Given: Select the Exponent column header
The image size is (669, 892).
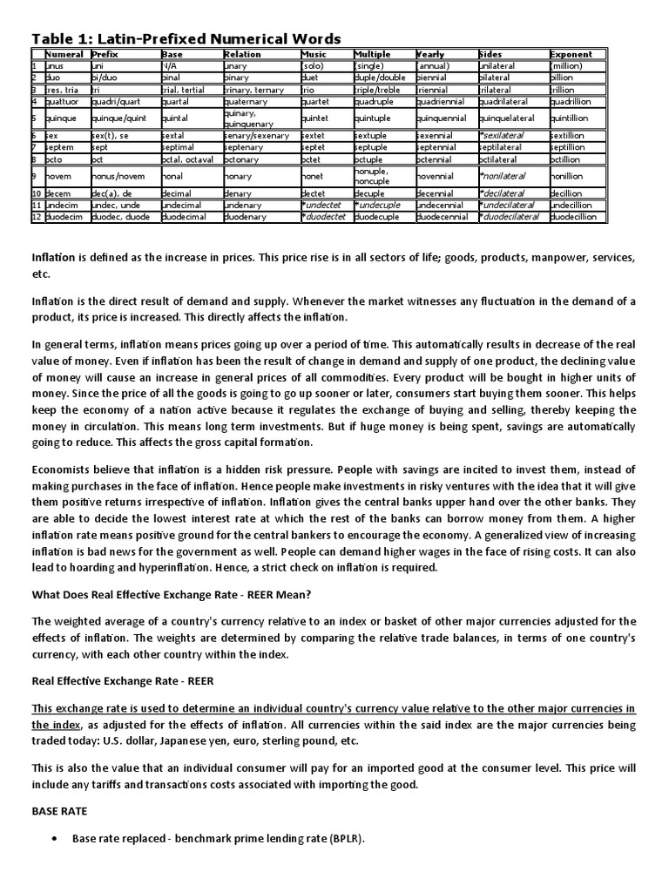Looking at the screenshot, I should tap(571, 54).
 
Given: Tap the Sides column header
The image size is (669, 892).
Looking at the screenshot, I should tap(490, 54).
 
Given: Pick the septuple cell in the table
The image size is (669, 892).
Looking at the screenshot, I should tap(372, 148).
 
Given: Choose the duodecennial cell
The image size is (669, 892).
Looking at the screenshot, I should tap(446, 217).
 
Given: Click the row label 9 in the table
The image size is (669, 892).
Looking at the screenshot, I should tap(35, 175).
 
